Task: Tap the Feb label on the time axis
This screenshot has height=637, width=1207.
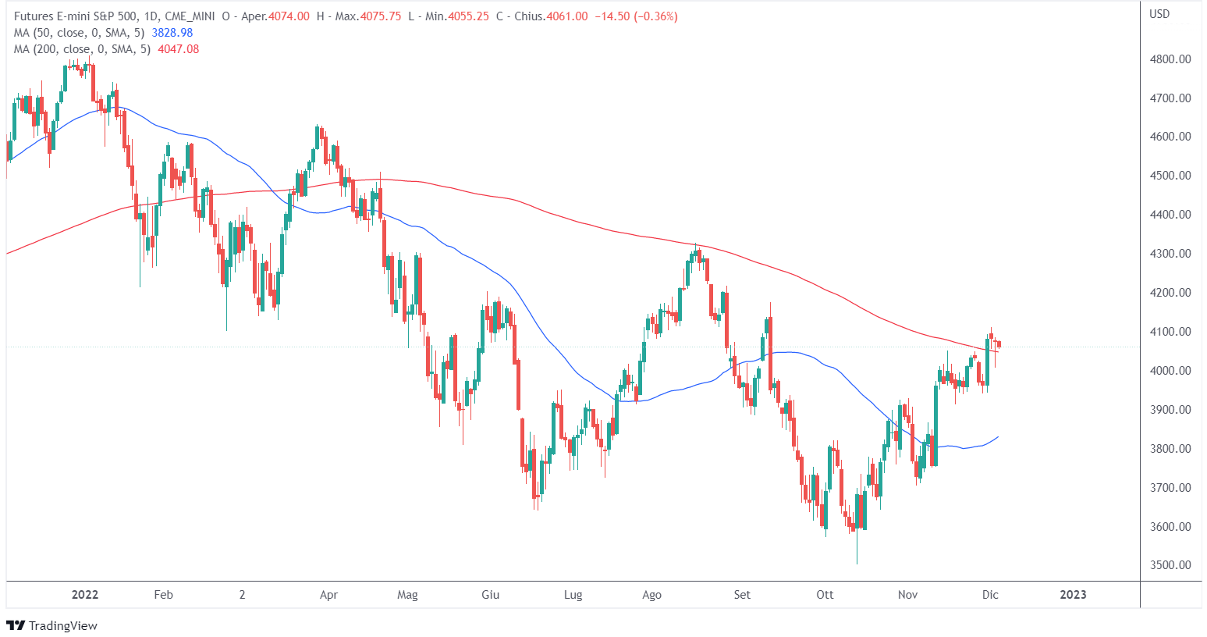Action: coord(163,595)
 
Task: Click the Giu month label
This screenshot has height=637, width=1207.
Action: coord(490,595)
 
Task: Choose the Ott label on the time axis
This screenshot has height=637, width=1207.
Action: coord(825,595)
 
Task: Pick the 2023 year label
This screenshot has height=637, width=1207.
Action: coord(1073,595)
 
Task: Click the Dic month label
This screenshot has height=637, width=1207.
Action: coord(990,595)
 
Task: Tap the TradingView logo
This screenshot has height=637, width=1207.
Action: coord(52,625)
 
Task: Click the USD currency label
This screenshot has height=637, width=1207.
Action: coord(1159,14)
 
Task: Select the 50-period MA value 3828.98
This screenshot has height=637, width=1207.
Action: coord(173,33)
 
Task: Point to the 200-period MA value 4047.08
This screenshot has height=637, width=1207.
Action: coord(179,49)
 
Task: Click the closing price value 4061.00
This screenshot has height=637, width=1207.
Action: coord(567,16)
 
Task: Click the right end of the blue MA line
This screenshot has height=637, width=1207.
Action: coord(999,437)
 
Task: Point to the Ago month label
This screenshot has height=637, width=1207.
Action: coord(651,595)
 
